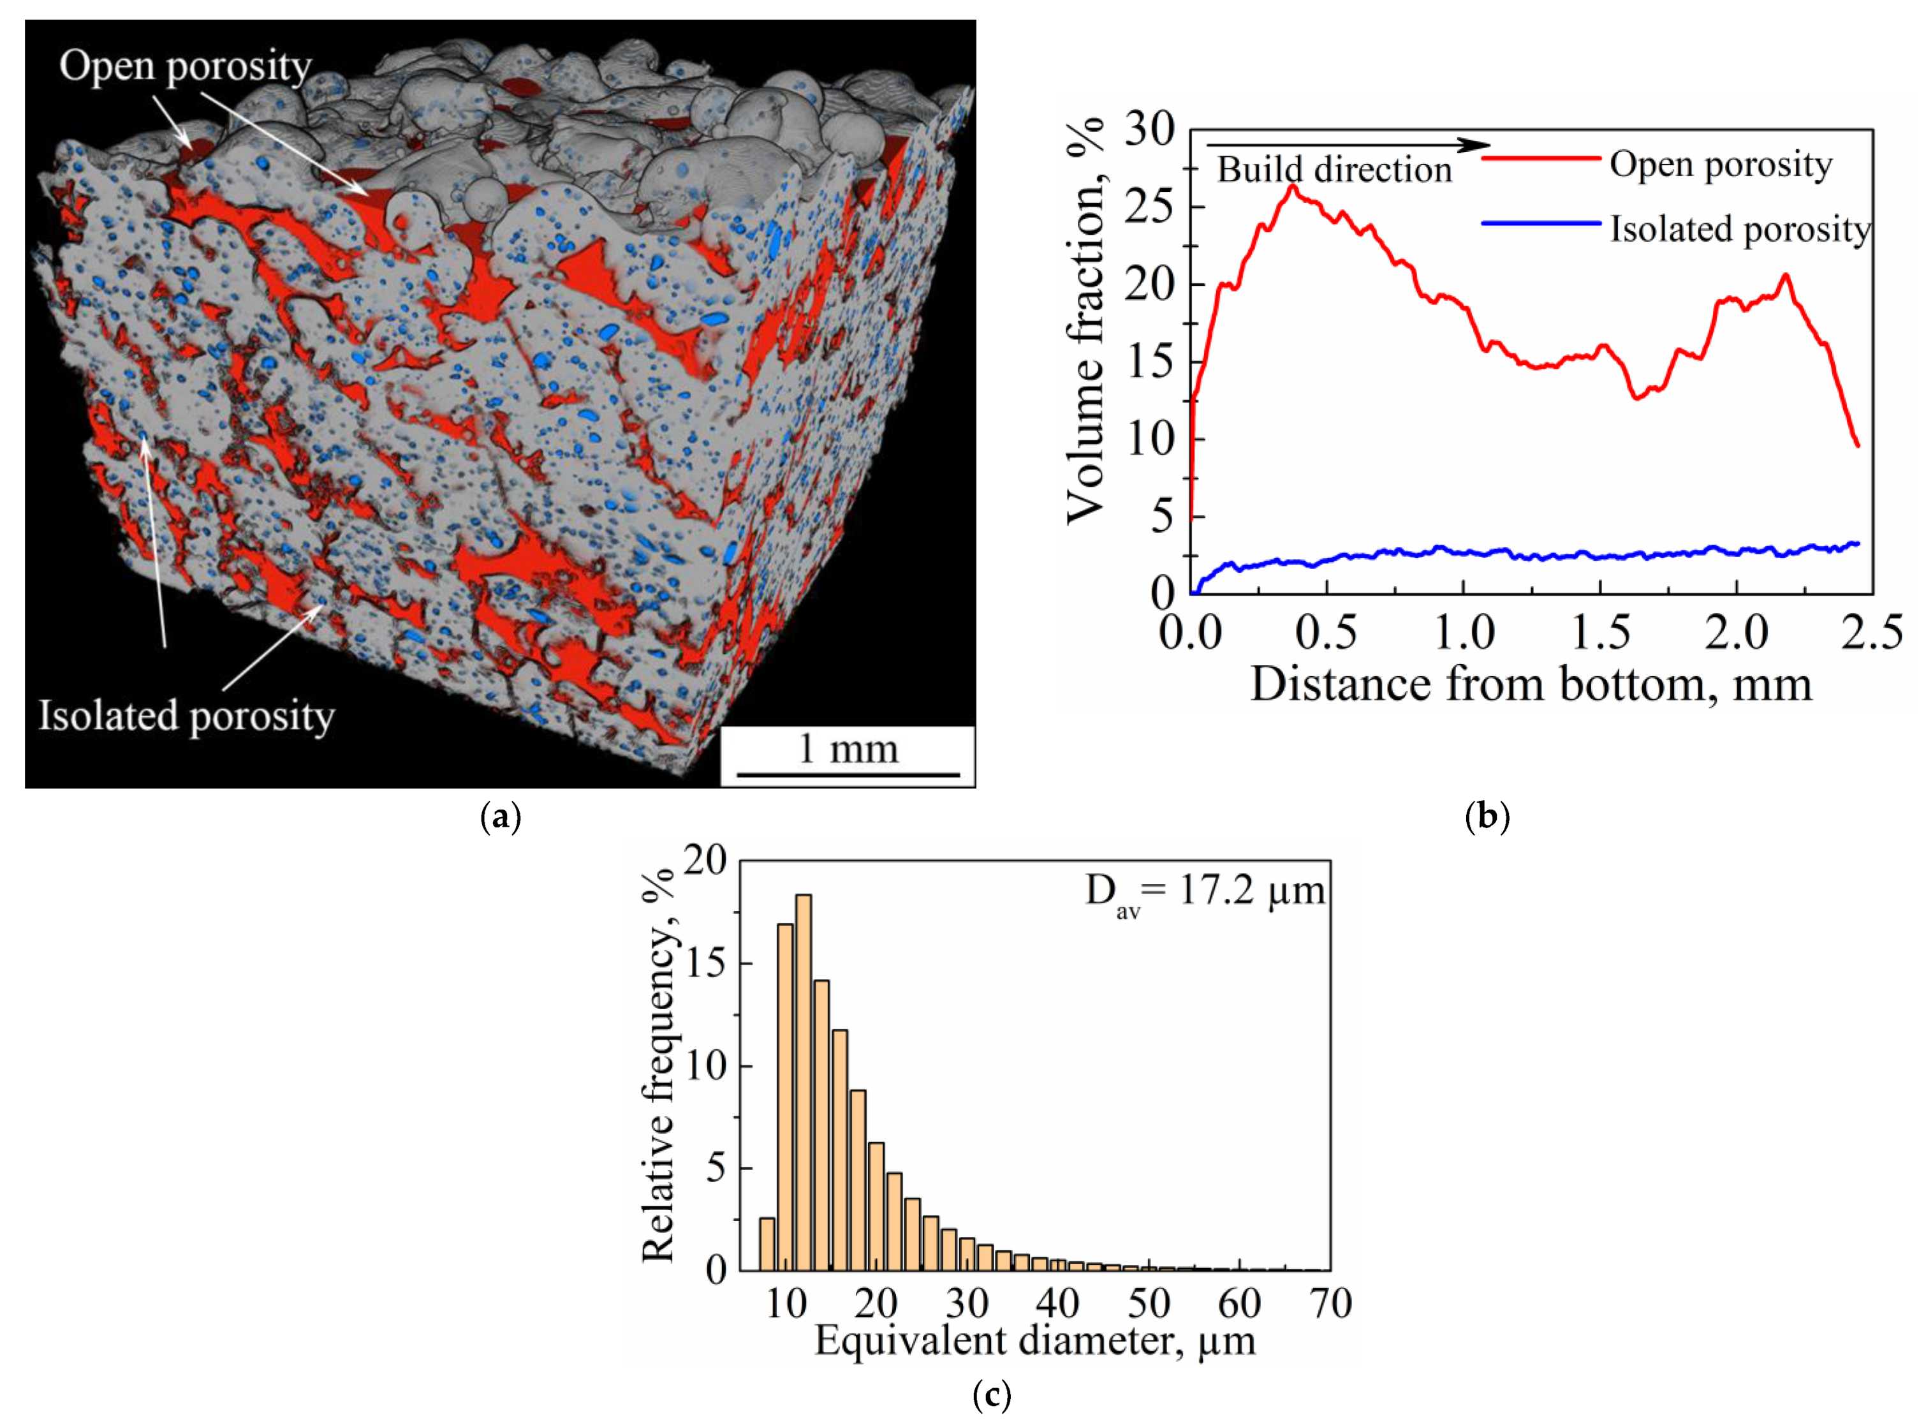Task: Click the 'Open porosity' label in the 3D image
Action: (x=185, y=67)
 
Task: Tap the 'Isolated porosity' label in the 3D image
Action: (x=186, y=716)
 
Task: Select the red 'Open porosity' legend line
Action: (x=1540, y=159)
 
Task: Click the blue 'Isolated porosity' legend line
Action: (x=1540, y=223)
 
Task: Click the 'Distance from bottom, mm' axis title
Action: (x=1530, y=685)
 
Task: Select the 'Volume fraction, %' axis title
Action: (x=1085, y=322)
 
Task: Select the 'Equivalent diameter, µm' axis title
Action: (x=1034, y=1341)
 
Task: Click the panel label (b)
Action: (x=1486, y=816)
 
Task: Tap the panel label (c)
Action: (x=991, y=1396)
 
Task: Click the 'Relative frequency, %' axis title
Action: (x=659, y=1066)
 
